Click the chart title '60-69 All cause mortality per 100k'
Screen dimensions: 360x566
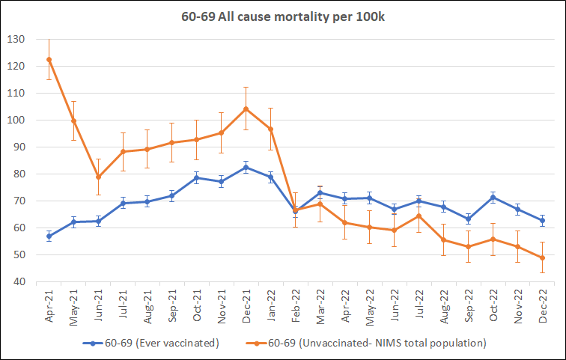click(282, 16)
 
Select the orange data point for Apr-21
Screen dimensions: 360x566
click(49, 59)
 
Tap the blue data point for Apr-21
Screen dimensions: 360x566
click(49, 236)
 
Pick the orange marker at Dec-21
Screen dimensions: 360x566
click(246, 109)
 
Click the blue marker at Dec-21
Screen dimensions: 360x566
click(246, 167)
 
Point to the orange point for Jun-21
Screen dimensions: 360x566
click(98, 177)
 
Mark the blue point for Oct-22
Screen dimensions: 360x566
click(493, 197)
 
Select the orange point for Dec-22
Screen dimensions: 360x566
click(542, 257)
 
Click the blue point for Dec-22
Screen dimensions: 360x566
click(542, 220)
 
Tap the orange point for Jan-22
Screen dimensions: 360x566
click(270, 129)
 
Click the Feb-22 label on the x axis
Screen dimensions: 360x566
click(296, 305)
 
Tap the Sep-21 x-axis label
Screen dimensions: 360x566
click(173, 305)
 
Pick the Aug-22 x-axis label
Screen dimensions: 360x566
click(444, 305)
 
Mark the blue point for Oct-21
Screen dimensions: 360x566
click(197, 177)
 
